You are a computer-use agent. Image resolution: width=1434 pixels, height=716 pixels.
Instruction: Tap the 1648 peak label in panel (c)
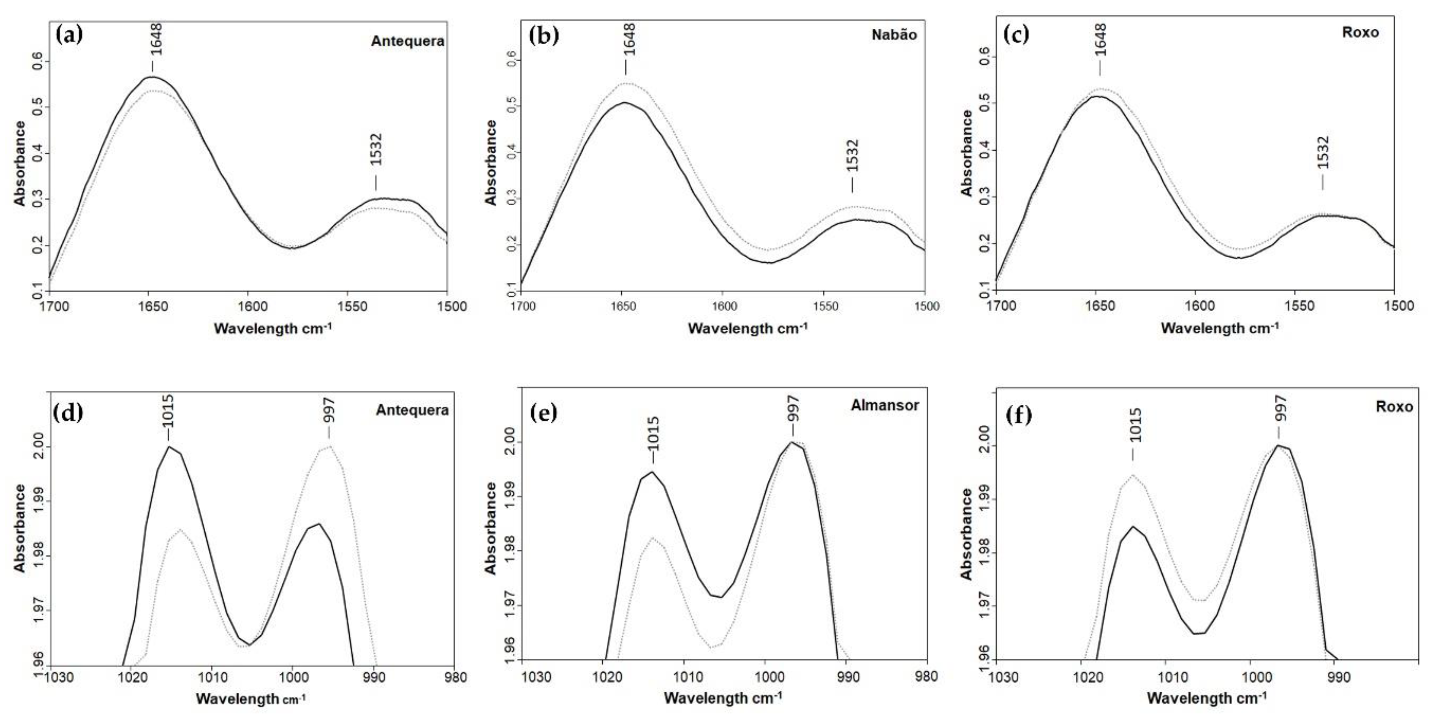tap(1100, 40)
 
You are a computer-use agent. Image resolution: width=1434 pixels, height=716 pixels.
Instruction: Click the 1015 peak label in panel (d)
tap(168, 411)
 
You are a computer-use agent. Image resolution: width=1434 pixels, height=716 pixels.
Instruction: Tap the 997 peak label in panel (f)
tap(1280, 409)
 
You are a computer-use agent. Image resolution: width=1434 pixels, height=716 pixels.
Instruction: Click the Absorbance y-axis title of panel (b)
tap(491, 163)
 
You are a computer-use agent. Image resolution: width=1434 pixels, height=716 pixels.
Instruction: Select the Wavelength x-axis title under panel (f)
tap(1207, 698)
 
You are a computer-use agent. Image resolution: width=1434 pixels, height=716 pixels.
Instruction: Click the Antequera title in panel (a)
tap(407, 41)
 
